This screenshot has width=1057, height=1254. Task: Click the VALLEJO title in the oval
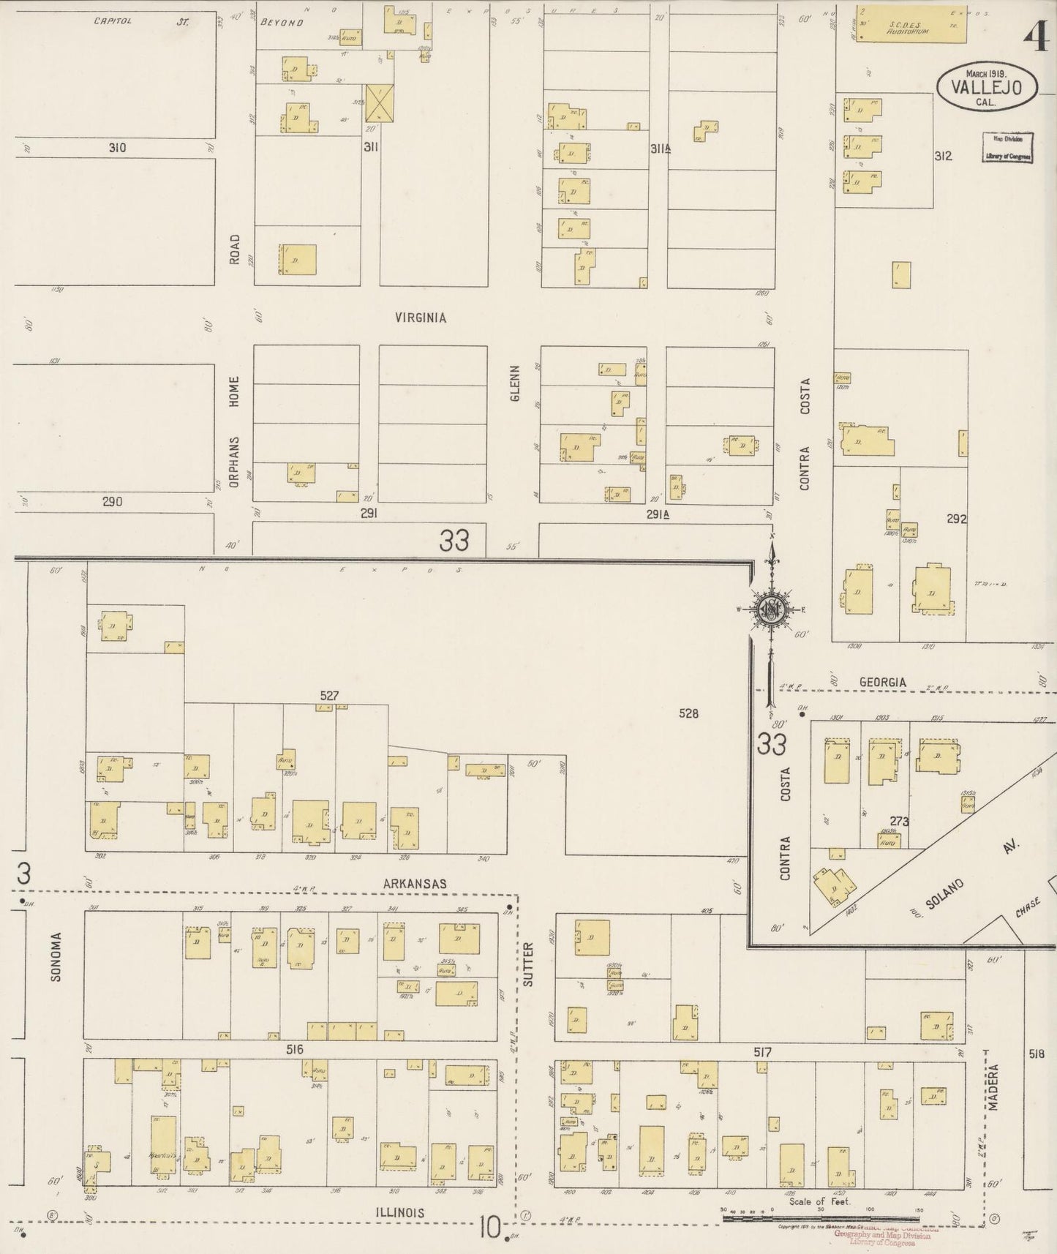pyautogui.click(x=988, y=86)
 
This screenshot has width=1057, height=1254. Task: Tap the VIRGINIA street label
pyautogui.click(x=421, y=318)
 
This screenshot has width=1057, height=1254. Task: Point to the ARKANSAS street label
pyautogui.click(x=415, y=884)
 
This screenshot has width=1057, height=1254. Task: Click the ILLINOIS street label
pyautogui.click(x=399, y=1213)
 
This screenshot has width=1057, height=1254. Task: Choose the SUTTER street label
pyautogui.click(x=528, y=965)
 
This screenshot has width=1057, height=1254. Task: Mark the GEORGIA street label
pyautogui.click(x=882, y=682)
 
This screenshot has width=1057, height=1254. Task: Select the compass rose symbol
pyautogui.click(x=770, y=608)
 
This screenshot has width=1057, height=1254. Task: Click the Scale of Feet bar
pyautogui.click(x=819, y=1219)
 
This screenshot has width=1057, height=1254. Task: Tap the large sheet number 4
pyautogui.click(x=1038, y=37)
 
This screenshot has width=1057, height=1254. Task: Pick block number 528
pyautogui.click(x=688, y=713)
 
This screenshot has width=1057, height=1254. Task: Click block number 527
pyautogui.click(x=329, y=695)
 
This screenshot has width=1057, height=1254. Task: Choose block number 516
pyautogui.click(x=295, y=1050)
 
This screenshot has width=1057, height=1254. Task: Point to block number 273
pyautogui.click(x=899, y=822)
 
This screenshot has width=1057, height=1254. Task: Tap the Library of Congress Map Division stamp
pyautogui.click(x=1007, y=147)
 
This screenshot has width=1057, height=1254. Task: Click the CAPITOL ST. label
pyautogui.click(x=141, y=22)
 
